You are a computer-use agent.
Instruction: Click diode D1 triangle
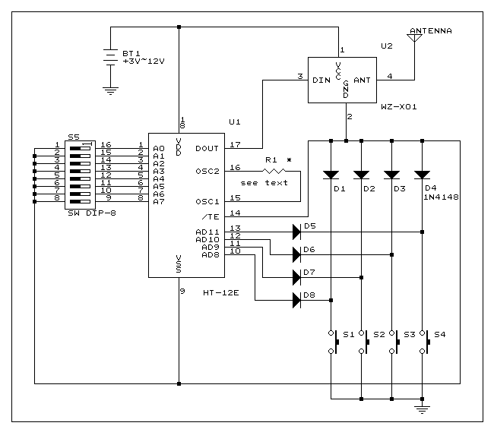[x=331, y=174]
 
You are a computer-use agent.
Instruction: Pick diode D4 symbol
[x=422, y=174]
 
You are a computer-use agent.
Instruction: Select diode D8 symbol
[x=296, y=300]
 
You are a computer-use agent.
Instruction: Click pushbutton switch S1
[x=332, y=342]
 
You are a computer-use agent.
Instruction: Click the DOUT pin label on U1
[x=206, y=149]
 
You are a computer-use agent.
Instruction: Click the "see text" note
[x=263, y=183]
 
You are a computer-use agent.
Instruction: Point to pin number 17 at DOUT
[x=236, y=144]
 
